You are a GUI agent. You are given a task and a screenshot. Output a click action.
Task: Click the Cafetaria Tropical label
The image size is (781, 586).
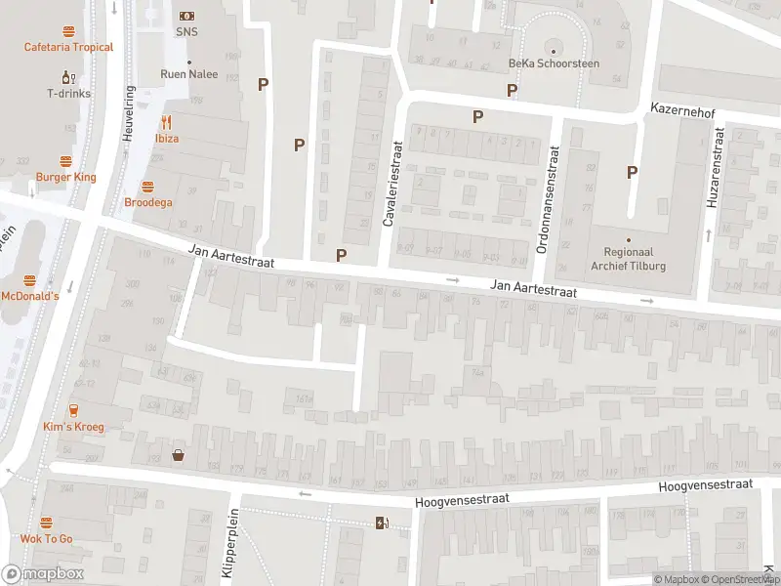(x=68, y=47)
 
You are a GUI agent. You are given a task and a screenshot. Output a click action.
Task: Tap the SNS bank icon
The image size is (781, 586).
(x=186, y=17)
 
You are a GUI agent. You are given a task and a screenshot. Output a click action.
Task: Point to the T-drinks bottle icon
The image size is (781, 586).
(x=67, y=77)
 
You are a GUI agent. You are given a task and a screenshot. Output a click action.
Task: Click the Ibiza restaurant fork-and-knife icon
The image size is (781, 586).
(x=166, y=122)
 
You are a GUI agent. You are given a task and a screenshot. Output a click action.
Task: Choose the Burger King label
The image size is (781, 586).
(x=66, y=177)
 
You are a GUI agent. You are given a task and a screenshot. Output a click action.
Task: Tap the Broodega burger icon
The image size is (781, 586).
(x=147, y=187)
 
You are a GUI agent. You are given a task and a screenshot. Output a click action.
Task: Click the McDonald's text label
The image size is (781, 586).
(x=30, y=296)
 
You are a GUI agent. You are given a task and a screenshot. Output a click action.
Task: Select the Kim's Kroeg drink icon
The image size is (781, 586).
(x=73, y=411)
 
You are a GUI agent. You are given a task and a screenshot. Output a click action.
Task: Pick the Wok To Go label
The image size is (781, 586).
(x=46, y=538)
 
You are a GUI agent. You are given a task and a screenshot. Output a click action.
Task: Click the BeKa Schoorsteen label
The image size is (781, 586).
(x=553, y=63)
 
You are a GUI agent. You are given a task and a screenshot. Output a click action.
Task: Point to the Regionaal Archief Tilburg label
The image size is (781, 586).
(x=629, y=256)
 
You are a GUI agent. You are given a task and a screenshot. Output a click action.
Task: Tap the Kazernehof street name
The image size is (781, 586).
(x=683, y=114)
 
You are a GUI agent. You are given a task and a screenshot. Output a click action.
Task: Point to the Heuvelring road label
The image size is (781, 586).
(x=128, y=114)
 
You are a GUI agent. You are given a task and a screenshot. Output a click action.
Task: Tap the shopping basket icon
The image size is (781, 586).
(x=179, y=454)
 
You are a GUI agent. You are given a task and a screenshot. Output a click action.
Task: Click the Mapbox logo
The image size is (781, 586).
(x=43, y=574)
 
